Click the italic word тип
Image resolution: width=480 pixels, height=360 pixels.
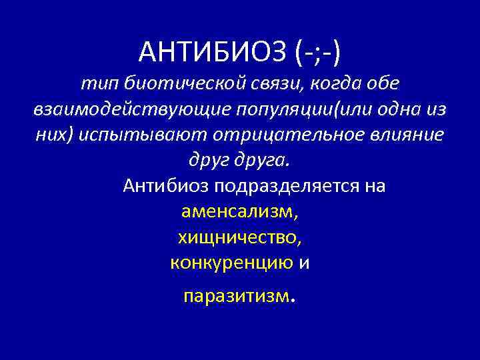tap(95, 83)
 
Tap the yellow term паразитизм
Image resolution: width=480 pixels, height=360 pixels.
tap(237, 295)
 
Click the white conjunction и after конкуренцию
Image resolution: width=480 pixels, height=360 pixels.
tap(304, 262)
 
